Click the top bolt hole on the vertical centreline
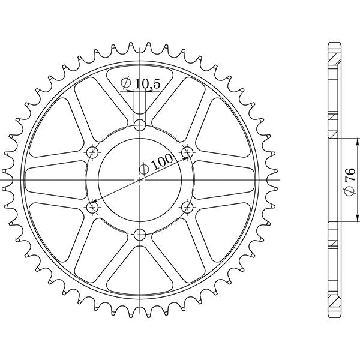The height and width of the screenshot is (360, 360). click(140, 125)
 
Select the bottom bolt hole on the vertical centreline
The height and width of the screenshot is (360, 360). click(140, 234)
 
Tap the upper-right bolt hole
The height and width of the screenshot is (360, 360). click(187, 152)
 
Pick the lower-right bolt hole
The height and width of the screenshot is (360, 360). click(187, 207)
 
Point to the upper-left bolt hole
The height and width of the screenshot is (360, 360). click(92, 152)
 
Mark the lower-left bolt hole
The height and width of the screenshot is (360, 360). click(92, 207)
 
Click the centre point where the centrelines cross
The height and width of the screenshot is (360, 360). click(140, 179)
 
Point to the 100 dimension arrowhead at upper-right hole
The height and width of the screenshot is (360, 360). click(182, 155)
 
